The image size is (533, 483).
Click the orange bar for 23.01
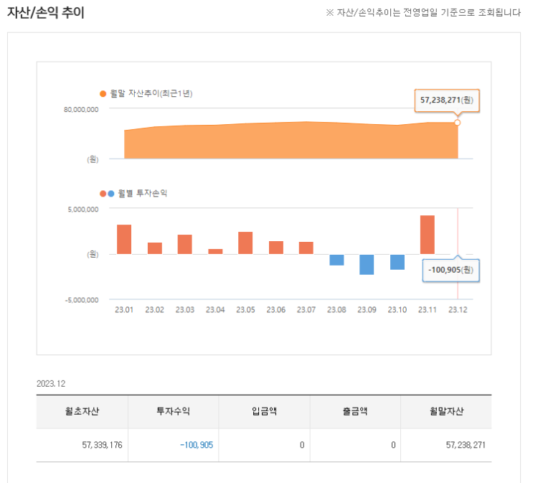tap(124, 239)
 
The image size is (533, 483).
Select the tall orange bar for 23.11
tap(428, 235)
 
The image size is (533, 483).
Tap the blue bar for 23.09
tap(367, 264)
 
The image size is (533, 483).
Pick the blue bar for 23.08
tap(336, 260)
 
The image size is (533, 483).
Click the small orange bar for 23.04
tap(215, 251)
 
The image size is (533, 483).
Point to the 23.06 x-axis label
tap(276, 309)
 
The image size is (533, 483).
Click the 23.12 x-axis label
tap(458, 309)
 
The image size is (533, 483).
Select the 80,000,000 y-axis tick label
tap(81, 110)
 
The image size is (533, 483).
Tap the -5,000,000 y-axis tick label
tap(80, 300)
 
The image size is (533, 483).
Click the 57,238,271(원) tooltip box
tap(445, 100)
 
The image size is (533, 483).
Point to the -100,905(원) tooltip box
tap(451, 269)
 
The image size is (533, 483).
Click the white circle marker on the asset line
tap(458, 123)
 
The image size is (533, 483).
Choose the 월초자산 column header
tap(82, 411)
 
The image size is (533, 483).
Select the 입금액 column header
tap(264, 411)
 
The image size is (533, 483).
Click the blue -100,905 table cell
tap(197, 445)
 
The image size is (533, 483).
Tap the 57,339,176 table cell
tap(103, 445)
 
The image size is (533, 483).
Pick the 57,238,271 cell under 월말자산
tap(466, 445)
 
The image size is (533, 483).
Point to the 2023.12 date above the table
tap(50, 384)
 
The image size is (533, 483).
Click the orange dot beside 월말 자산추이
tap(103, 93)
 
